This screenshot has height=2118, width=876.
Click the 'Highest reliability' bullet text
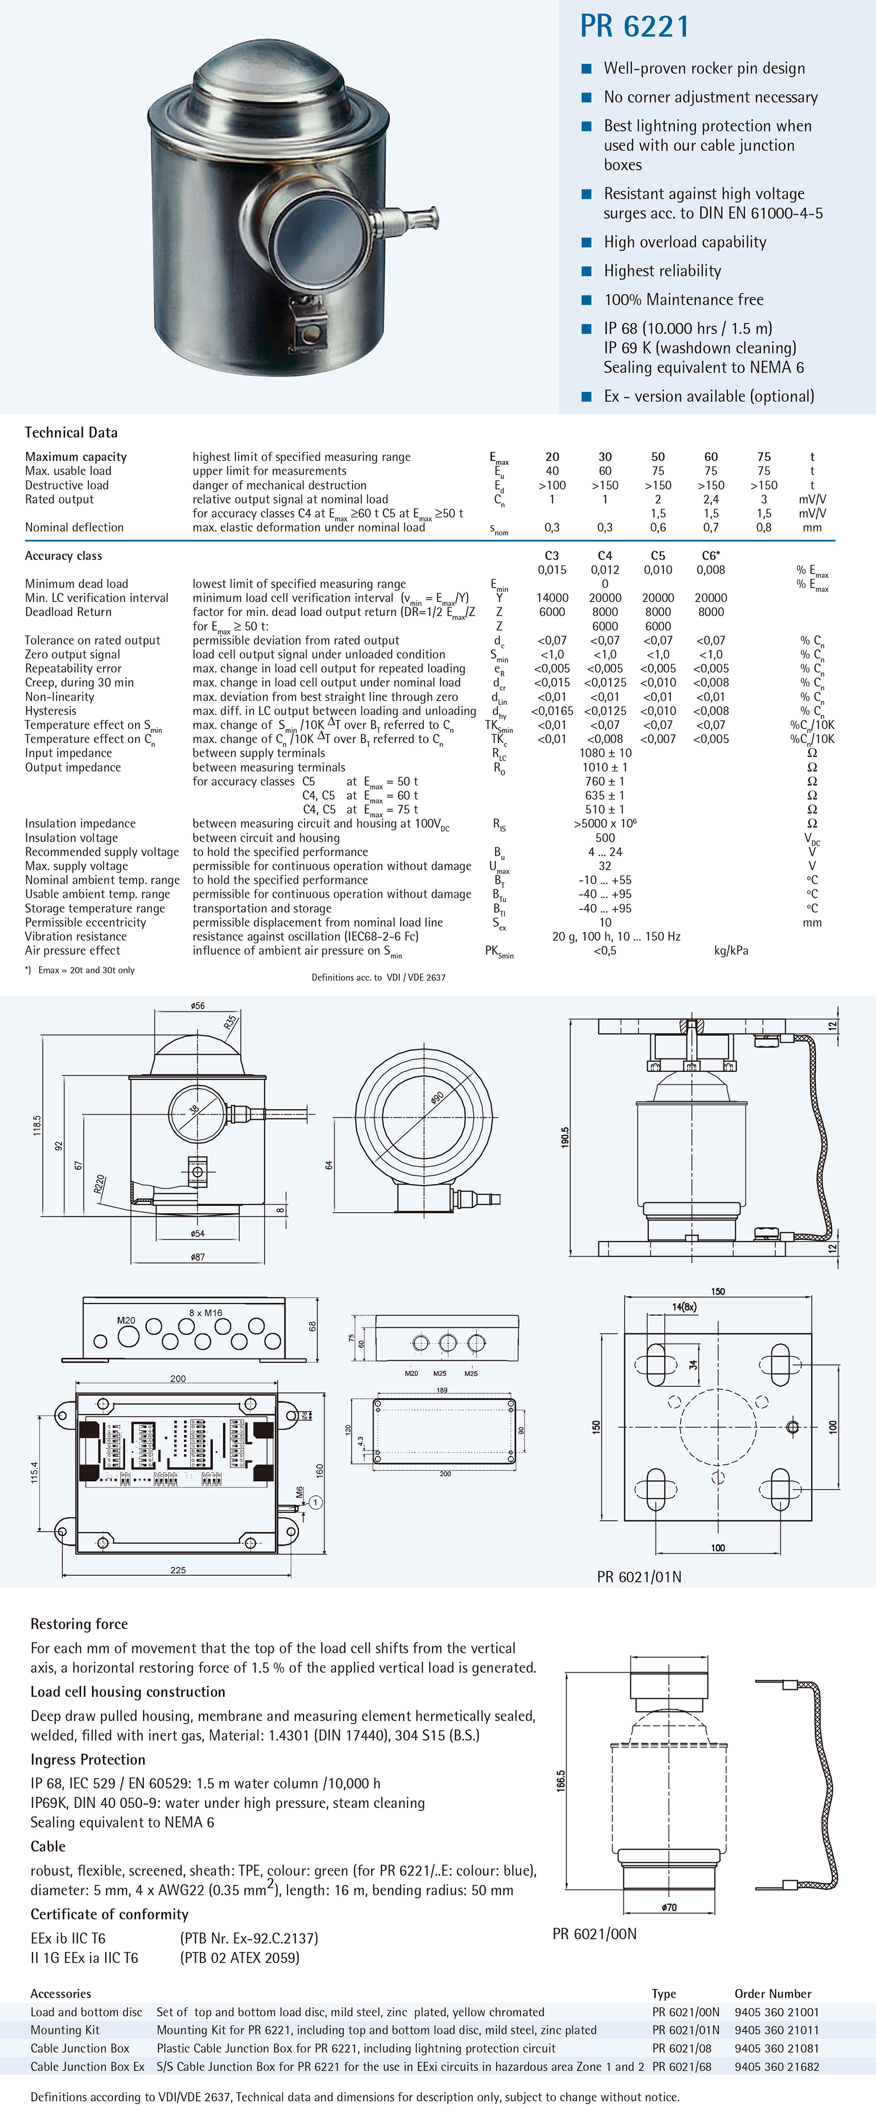662,270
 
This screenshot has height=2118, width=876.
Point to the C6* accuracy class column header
711,556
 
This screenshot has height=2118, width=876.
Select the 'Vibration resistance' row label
76,937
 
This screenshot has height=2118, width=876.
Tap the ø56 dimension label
197,1006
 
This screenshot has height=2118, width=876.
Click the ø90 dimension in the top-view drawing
437,1098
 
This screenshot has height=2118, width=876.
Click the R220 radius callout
99,1184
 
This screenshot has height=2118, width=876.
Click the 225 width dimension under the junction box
178,1570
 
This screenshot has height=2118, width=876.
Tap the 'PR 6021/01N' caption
639,1577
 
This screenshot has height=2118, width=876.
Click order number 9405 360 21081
777,2048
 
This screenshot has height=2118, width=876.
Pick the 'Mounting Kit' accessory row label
65,2030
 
